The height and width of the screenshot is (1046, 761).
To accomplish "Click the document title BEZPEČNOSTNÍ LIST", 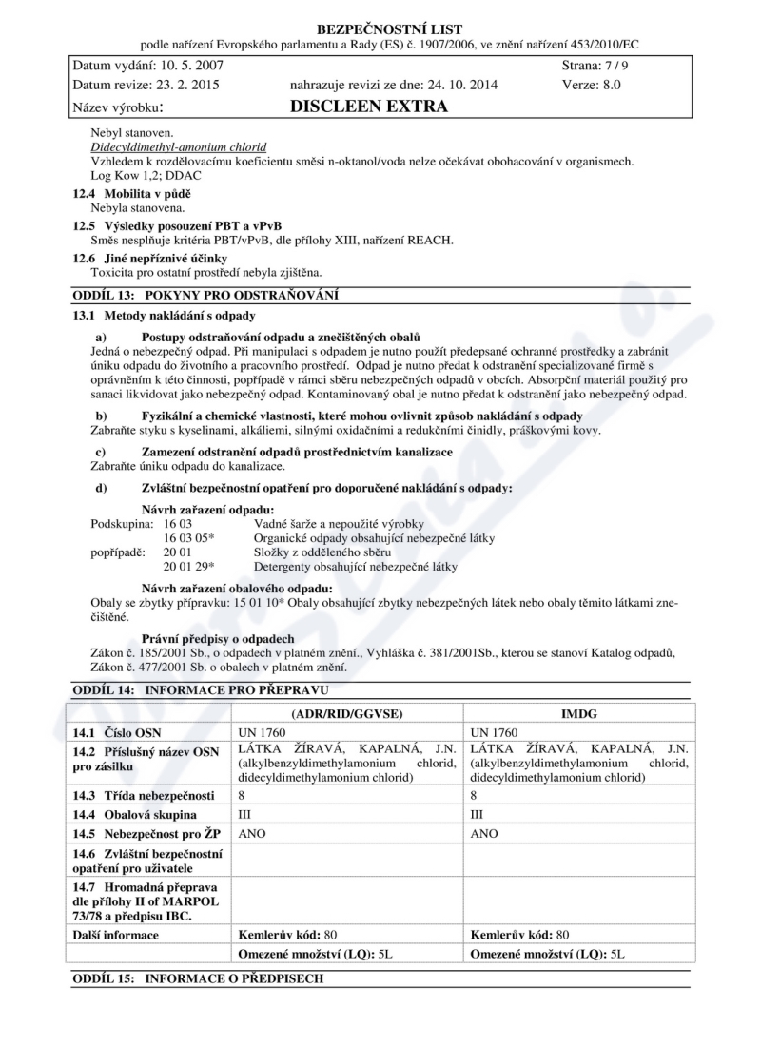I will click(380, 26).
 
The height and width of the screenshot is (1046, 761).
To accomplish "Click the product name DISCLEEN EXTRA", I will click(371, 107).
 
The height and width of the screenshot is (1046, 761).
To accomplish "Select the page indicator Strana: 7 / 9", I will click(595, 64).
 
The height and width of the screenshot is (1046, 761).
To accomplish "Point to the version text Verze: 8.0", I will click(592, 85).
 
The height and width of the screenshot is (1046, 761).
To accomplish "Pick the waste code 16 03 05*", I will click(188, 537).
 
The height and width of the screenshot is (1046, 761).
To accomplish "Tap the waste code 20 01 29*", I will click(188, 567).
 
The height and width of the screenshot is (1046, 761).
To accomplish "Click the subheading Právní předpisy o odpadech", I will click(218, 637).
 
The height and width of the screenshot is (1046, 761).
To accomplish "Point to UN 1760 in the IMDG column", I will click(495, 733).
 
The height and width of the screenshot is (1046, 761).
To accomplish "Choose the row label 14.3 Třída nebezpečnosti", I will click(144, 795).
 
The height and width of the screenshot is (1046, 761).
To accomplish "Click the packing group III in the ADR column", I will click(243, 815).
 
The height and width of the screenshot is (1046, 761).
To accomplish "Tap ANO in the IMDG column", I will click(485, 834).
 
